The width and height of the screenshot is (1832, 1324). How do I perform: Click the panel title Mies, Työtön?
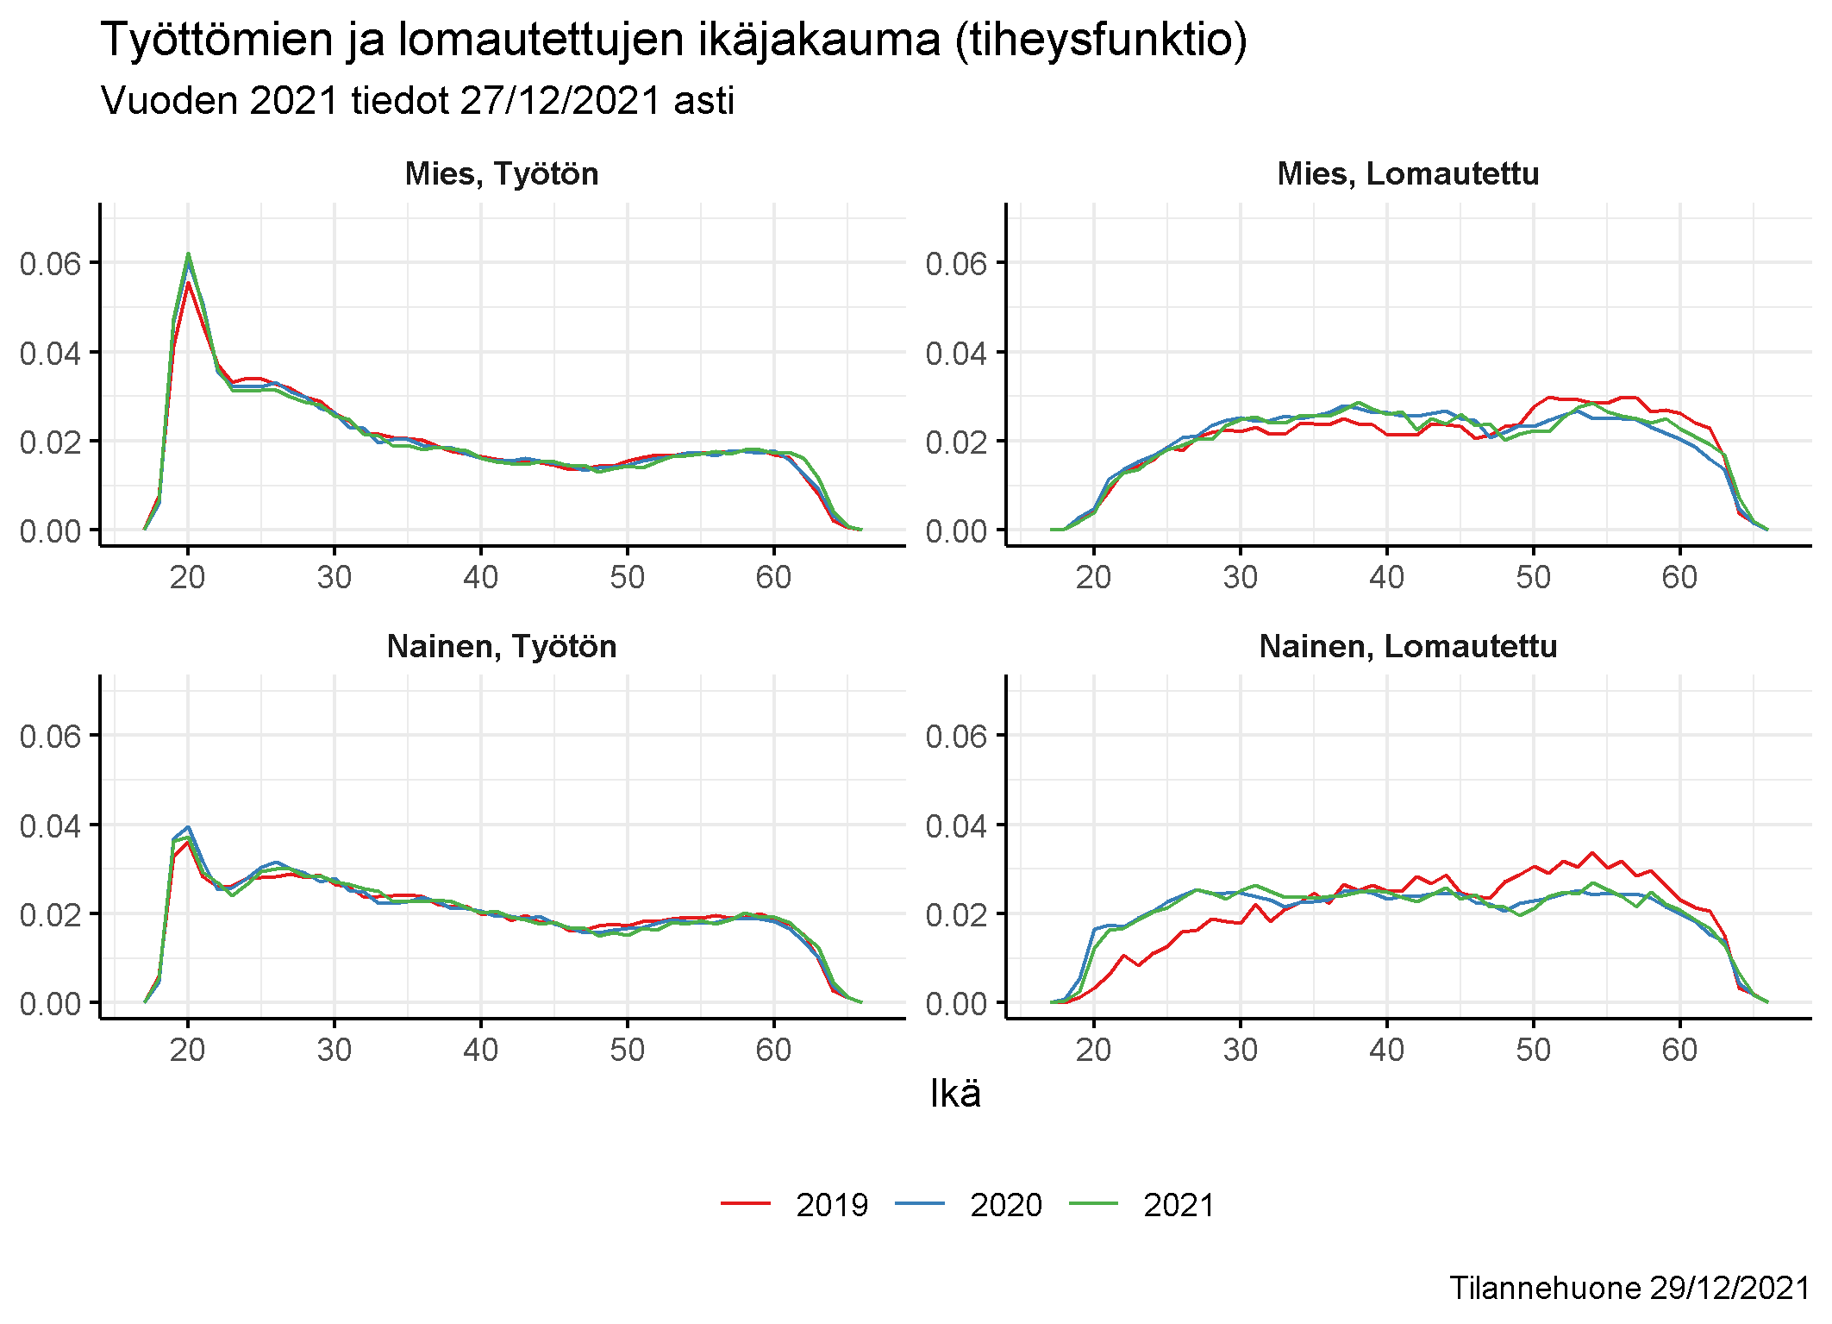(502, 174)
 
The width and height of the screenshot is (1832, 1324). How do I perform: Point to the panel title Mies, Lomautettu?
(1408, 174)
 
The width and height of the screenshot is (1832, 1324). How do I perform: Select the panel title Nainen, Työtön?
(502, 647)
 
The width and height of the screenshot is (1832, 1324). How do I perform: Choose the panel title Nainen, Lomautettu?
(1408, 647)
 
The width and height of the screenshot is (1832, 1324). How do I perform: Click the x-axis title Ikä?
(955, 1095)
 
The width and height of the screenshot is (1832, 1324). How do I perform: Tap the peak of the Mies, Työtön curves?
(188, 254)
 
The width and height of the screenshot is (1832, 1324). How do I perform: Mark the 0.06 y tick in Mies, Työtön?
(50, 264)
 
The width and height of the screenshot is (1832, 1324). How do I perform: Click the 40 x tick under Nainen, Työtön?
(480, 1050)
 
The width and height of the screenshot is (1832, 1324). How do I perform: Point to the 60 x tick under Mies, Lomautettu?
(1679, 577)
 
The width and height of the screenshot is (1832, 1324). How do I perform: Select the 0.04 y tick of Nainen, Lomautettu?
(956, 826)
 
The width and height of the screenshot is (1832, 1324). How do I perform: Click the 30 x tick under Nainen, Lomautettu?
(1240, 1050)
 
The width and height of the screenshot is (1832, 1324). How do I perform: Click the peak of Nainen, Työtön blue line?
(188, 827)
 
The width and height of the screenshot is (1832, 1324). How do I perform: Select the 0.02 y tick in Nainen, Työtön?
(50, 915)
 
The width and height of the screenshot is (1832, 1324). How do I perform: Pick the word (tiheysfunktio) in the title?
(1101, 41)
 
